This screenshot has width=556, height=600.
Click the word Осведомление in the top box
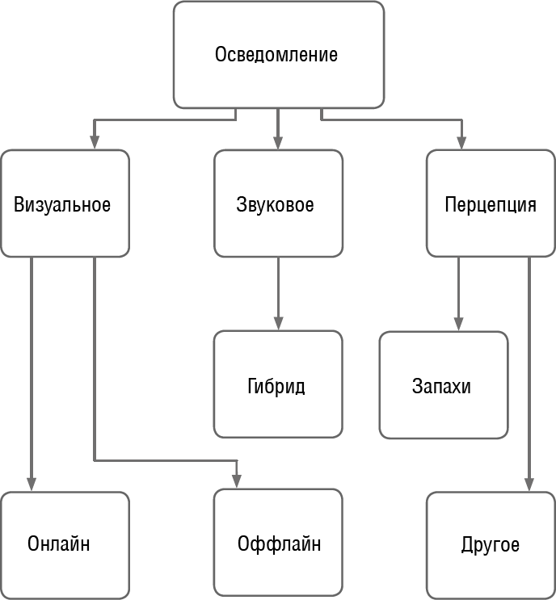point(276,56)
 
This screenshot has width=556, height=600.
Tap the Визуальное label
point(62,204)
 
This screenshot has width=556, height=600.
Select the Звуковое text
point(276,204)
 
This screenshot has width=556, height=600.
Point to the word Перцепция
point(491,204)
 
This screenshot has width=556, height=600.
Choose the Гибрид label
point(276,385)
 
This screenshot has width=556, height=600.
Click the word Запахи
point(441,385)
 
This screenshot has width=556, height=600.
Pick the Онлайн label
point(58,543)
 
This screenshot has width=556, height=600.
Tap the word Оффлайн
point(280,543)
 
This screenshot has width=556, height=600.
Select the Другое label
point(491,543)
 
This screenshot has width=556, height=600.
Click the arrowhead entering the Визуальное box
point(95,142)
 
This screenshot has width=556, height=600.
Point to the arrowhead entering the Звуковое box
point(277,142)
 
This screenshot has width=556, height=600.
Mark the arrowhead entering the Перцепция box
point(461,142)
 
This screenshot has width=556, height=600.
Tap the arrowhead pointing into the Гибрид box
point(277,323)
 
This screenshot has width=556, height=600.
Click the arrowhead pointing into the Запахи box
point(458,323)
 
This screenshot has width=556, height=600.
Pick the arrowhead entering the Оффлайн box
point(237,482)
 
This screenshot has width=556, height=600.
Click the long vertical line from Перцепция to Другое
point(529,363)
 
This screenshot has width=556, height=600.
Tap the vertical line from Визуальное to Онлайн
point(32,363)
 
